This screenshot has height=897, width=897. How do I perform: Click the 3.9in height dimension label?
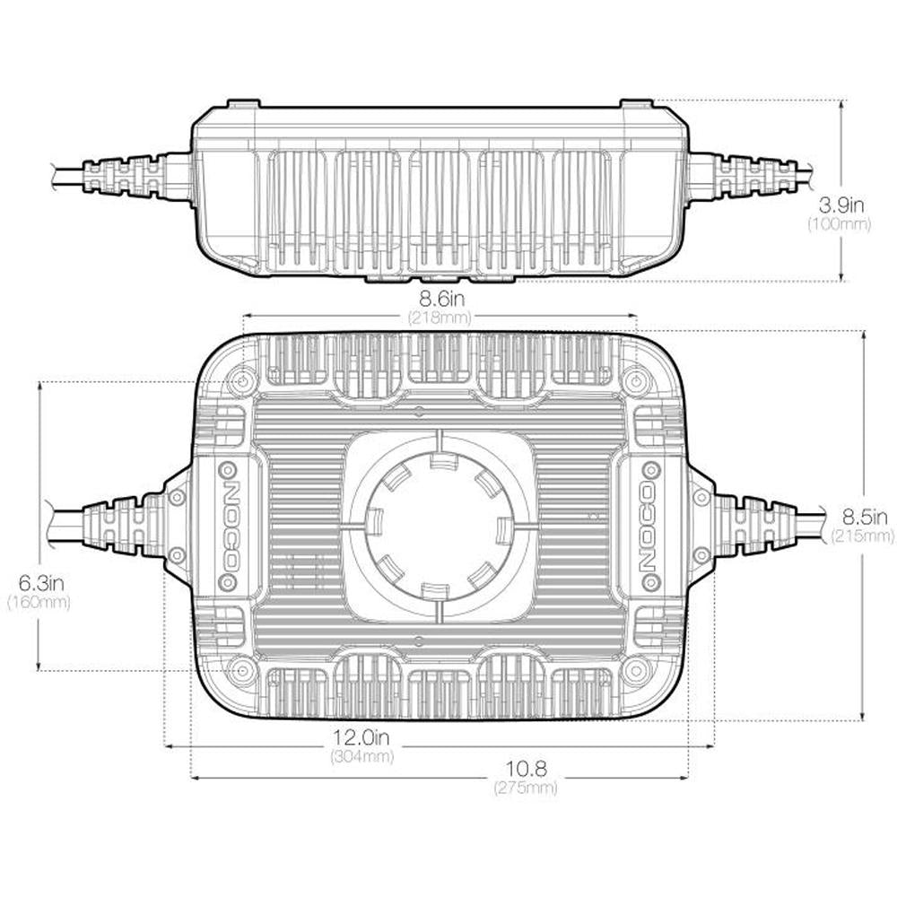tap(841, 205)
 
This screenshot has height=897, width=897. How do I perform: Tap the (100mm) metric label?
tap(840, 223)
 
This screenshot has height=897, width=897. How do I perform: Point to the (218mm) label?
tap(440, 317)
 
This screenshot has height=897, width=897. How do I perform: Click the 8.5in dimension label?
tap(865, 518)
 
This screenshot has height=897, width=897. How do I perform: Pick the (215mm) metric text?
tap(862, 536)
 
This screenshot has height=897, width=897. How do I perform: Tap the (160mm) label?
tap(39, 602)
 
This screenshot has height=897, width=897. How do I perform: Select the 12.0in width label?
tap(361, 736)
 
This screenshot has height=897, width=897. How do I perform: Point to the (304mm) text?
tap(362, 756)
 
